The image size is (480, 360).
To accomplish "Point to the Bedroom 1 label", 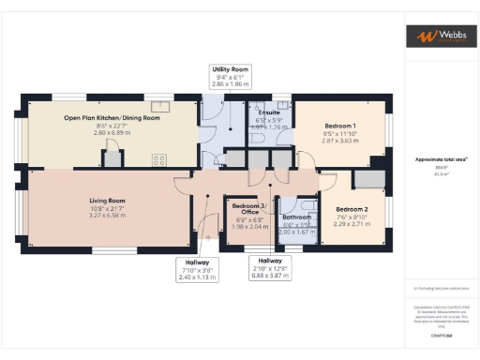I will point(339,126).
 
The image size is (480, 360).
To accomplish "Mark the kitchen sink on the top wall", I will point(158,105).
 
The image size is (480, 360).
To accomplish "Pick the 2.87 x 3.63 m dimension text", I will point(339,141).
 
